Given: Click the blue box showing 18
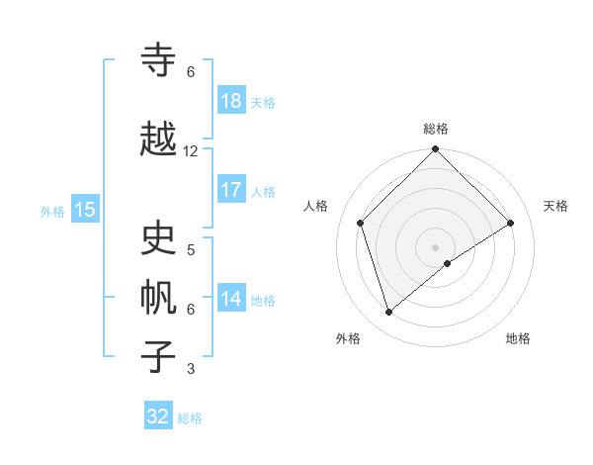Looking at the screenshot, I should (231, 101).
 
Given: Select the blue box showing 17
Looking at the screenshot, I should (231, 190).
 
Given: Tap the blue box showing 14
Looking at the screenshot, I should (231, 299).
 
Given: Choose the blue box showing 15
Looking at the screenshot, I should (85, 209).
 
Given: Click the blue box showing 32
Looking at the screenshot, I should (158, 417).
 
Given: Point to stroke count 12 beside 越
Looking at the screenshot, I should (191, 151).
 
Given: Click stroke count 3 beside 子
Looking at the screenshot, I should (191, 369).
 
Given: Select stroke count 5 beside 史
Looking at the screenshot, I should (191, 250).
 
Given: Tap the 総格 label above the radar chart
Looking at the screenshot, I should (436, 129).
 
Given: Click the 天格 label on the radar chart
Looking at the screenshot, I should (555, 206).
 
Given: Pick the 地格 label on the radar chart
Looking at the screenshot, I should (518, 338).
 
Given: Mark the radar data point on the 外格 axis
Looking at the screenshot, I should (389, 313).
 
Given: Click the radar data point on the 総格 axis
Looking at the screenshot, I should (435, 150).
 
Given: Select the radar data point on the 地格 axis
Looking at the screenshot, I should (448, 263).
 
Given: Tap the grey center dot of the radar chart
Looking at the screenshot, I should (435, 245).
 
